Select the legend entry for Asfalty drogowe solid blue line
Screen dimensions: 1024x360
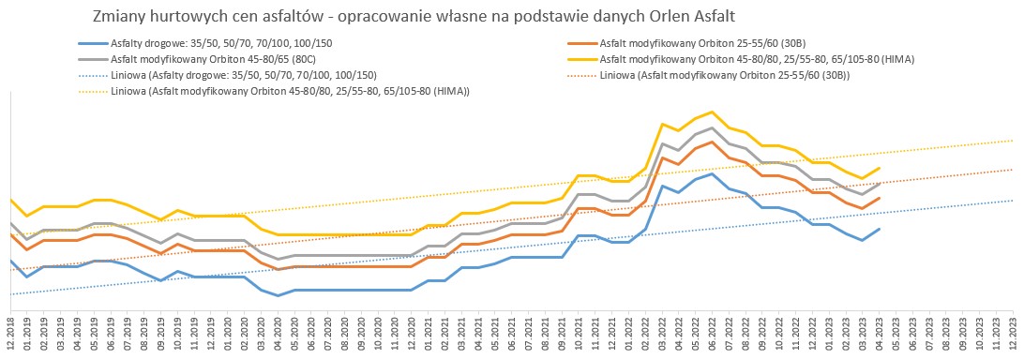pos(208,44)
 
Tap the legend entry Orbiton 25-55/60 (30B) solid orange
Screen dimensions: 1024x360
pos(688,44)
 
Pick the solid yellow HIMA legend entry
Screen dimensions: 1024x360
pos(741,59)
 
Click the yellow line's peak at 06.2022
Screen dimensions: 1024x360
pos(712,112)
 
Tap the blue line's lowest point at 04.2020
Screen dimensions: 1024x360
pos(279,295)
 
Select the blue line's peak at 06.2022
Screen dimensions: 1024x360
pos(712,173)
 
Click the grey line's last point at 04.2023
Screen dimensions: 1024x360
pos(881,184)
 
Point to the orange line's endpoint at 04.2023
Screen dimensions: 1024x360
pos(881,198)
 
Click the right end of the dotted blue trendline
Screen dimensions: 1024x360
pos(1014,201)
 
